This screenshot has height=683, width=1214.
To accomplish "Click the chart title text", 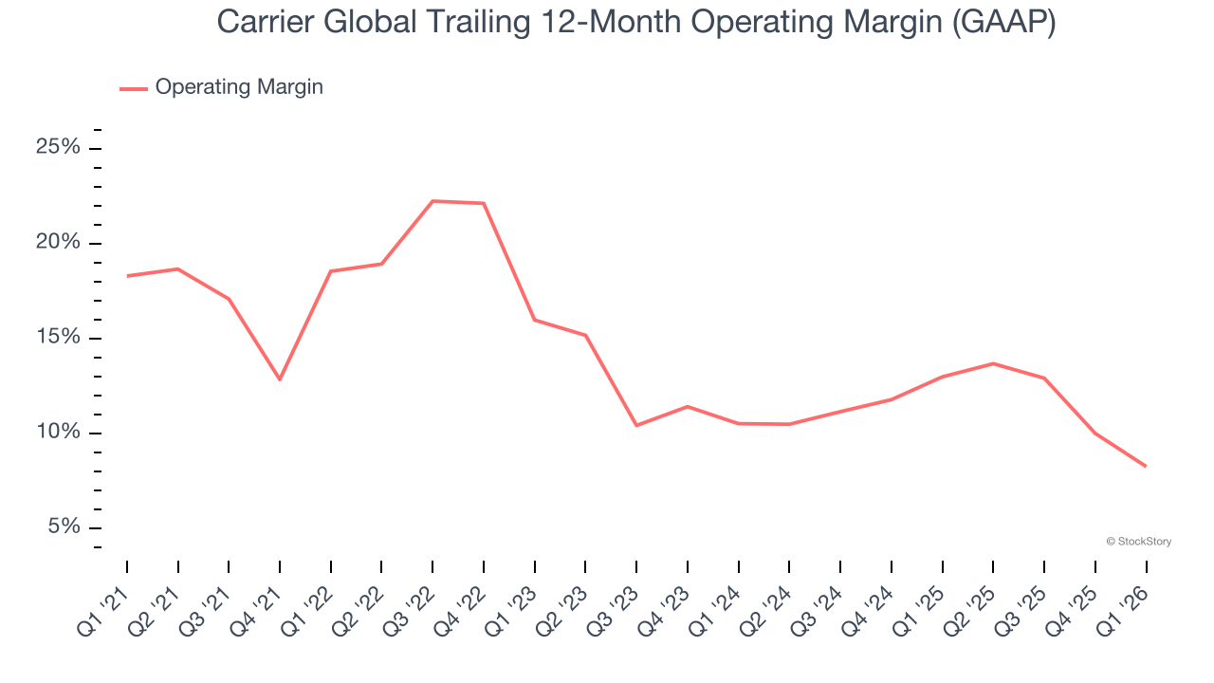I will click(x=635, y=22).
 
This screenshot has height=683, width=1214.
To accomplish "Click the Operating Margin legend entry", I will click(x=238, y=87).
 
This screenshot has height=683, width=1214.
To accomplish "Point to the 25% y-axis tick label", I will click(x=59, y=148).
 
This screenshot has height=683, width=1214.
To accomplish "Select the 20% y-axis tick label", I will click(x=59, y=243).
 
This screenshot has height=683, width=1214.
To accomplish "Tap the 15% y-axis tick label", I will click(x=59, y=339).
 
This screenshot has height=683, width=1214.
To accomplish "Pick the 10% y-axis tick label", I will click(x=59, y=434).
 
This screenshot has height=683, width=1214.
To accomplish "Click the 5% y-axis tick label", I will click(x=64, y=527).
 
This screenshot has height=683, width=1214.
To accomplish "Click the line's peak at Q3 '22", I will click(x=432, y=201).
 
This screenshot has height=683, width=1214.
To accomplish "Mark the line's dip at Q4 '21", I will click(x=280, y=379).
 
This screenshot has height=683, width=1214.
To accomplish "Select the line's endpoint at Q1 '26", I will click(x=1146, y=466).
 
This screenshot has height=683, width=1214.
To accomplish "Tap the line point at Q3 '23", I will click(x=636, y=425).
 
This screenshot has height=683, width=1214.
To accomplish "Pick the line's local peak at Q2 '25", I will click(x=993, y=363).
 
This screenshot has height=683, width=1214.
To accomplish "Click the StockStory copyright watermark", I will click(x=1139, y=542).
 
